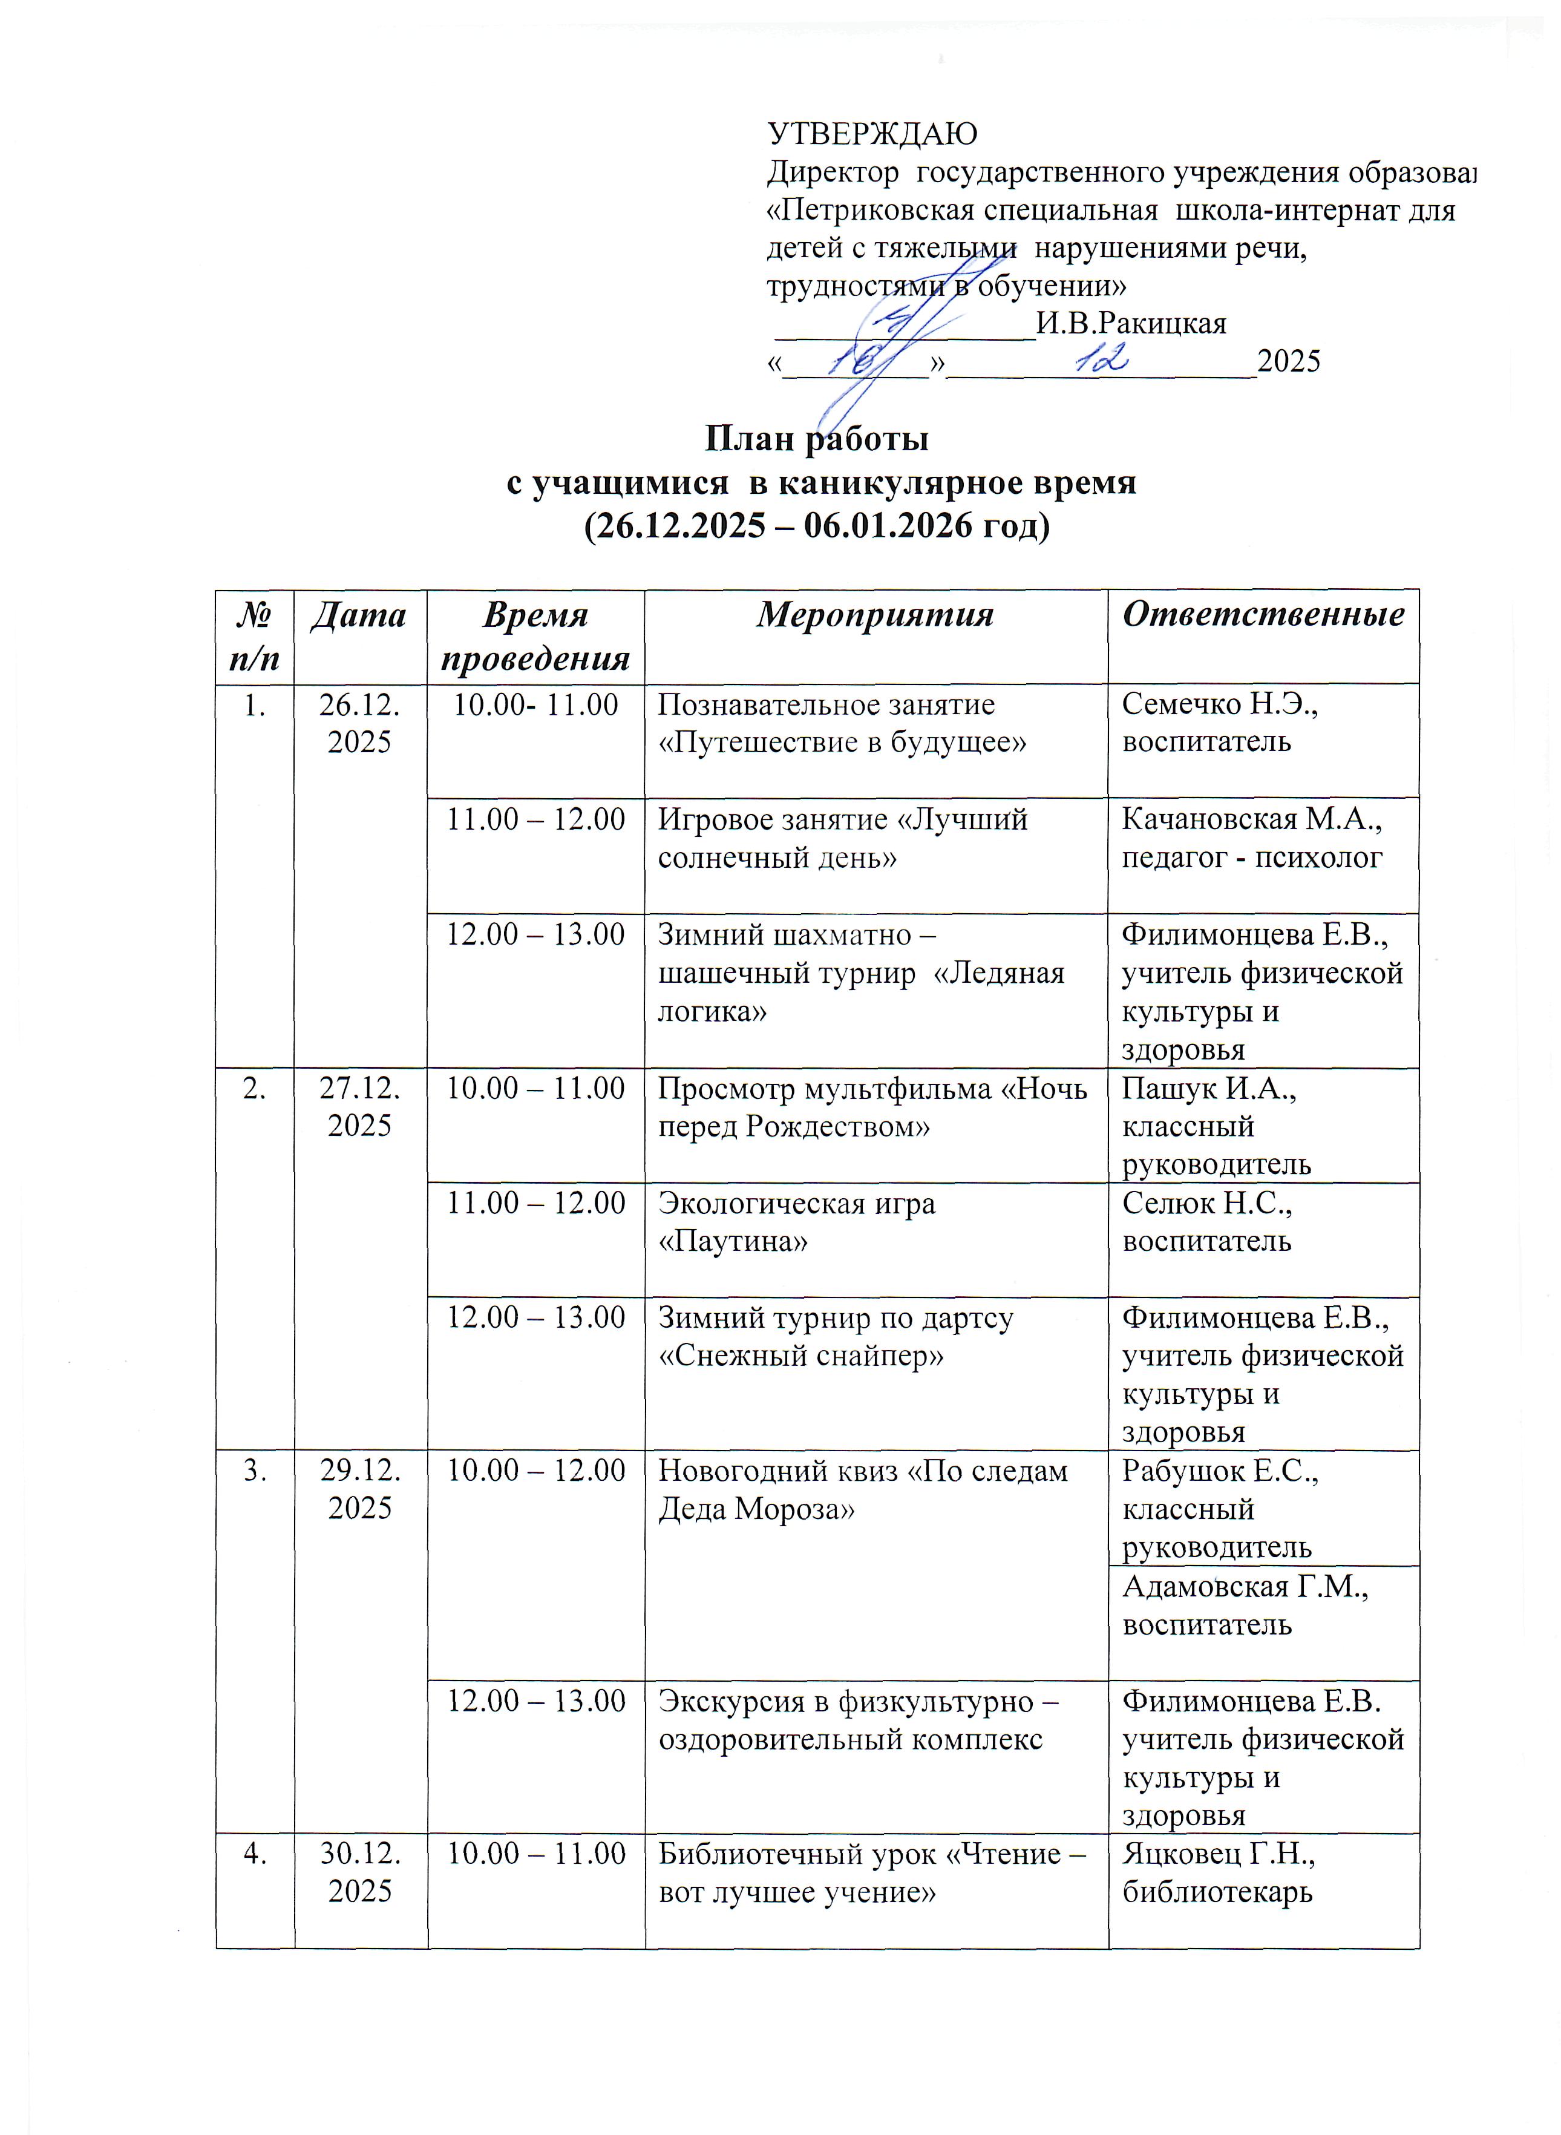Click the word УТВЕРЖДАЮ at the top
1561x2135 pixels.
click(x=872, y=134)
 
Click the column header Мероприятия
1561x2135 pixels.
click(x=875, y=615)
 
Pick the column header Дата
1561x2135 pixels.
click(x=359, y=615)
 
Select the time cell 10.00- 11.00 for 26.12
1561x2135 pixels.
click(x=536, y=705)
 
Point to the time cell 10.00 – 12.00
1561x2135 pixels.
click(x=536, y=1471)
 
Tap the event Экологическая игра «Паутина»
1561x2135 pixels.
click(x=797, y=1221)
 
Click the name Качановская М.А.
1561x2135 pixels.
click(x=1252, y=819)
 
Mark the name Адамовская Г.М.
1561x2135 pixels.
click(x=1245, y=1587)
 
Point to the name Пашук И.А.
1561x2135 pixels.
click(x=1208, y=1089)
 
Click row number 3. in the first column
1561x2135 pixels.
click(x=254, y=1471)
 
